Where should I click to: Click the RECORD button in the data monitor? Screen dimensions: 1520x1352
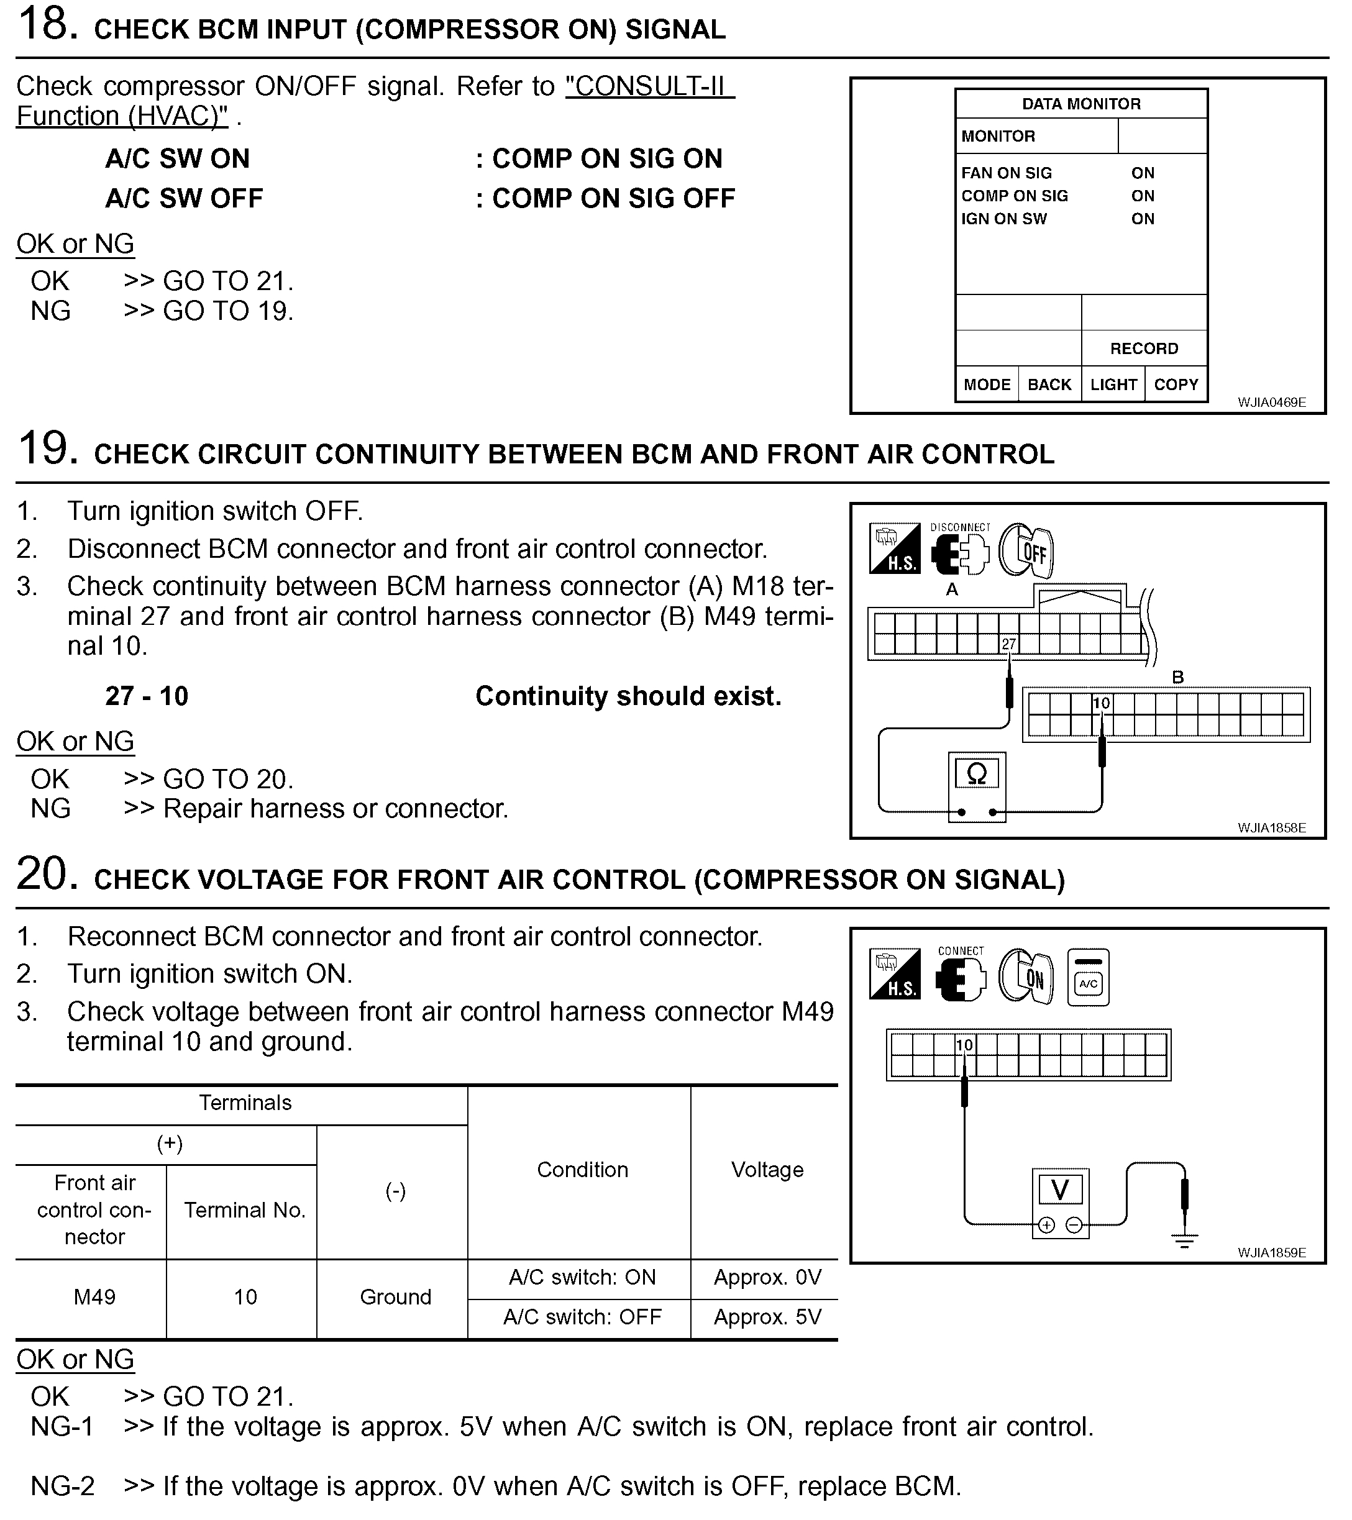click(1143, 348)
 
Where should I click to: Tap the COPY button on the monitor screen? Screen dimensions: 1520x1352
click(1176, 385)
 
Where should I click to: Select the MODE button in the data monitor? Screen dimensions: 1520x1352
click(986, 385)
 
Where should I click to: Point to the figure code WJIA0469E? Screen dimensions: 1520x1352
click(1271, 403)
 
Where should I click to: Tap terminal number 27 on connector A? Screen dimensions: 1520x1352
click(1008, 644)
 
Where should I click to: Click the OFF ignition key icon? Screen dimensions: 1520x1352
click(1026, 551)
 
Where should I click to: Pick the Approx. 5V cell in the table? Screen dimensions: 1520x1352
click(767, 1317)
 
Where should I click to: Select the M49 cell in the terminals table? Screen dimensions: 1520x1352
click(94, 1297)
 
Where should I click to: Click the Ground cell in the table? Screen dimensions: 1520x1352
click(395, 1297)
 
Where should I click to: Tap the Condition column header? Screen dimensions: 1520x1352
click(582, 1170)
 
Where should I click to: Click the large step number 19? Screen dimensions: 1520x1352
click(47, 448)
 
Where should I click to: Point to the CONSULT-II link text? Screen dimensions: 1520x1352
click(649, 87)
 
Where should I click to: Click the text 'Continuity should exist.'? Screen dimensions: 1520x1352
click(628, 696)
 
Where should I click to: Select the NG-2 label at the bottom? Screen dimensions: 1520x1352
click(63, 1486)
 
